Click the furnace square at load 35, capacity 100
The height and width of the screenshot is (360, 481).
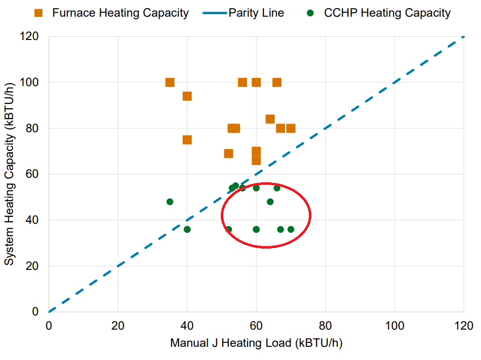(170, 83)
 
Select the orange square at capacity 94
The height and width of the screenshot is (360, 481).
(187, 96)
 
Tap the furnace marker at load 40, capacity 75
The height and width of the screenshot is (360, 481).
(187, 140)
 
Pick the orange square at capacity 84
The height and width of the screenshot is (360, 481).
(270, 119)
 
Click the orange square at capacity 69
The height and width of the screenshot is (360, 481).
(228, 153)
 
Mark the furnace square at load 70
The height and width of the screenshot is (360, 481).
(291, 128)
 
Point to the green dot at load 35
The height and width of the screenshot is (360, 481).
(170, 202)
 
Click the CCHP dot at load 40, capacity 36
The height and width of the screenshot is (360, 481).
(187, 229)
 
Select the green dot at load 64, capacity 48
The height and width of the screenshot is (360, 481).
(270, 202)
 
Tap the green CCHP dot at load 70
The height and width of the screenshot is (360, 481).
(291, 229)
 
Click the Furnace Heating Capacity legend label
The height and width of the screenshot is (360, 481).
(120, 13)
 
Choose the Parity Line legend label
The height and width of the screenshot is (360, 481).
(256, 13)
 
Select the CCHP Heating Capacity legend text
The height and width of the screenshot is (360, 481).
(387, 13)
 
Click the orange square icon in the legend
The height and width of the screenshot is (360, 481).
(39, 13)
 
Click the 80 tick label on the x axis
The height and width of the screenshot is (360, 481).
(326, 325)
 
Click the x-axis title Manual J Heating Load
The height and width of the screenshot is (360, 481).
(256, 343)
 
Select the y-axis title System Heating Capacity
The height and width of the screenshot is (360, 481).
(10, 174)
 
